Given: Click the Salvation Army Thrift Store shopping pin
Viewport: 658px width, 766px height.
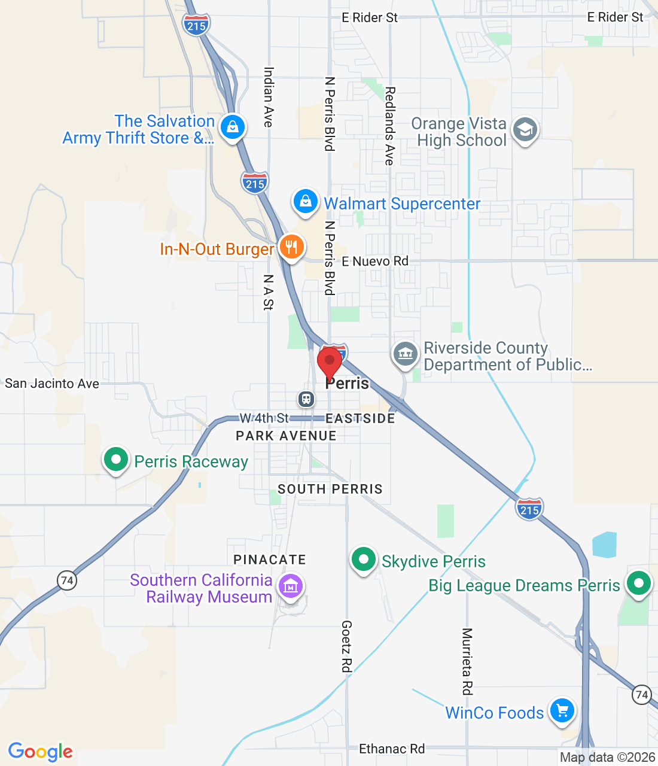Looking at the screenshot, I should tap(232, 127).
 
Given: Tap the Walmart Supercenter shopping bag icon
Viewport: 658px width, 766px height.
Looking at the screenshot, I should tap(305, 202).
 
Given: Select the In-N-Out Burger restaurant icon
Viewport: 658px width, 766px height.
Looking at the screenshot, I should tap(291, 246).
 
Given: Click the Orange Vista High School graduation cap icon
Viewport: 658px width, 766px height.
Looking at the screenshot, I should tap(525, 129).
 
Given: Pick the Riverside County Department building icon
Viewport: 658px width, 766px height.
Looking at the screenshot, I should tap(406, 353).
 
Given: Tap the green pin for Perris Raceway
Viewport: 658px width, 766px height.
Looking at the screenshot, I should tap(116, 460).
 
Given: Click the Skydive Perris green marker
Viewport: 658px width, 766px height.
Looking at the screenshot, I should tap(363, 560).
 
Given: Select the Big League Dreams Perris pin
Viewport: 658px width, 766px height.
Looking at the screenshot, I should tap(638, 582).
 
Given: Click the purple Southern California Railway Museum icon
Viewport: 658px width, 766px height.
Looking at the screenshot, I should tap(291, 586).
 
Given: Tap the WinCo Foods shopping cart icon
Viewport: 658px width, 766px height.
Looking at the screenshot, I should tap(562, 711).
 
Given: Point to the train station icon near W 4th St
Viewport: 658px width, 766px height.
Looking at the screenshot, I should tap(306, 399).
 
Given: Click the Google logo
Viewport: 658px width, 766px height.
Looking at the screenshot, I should tap(41, 752).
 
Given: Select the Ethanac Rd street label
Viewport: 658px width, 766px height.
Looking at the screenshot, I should tap(392, 749).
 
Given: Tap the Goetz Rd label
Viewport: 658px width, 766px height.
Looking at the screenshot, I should tap(347, 646).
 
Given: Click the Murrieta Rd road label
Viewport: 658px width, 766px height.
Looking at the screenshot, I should tap(467, 661).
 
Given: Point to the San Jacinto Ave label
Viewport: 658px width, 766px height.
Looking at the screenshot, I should tap(52, 384).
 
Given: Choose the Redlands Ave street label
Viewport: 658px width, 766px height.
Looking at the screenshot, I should tap(390, 126).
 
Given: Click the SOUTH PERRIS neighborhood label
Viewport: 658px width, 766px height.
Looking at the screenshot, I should tap(330, 489).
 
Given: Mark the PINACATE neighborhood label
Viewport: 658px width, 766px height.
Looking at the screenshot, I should tap(270, 560).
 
